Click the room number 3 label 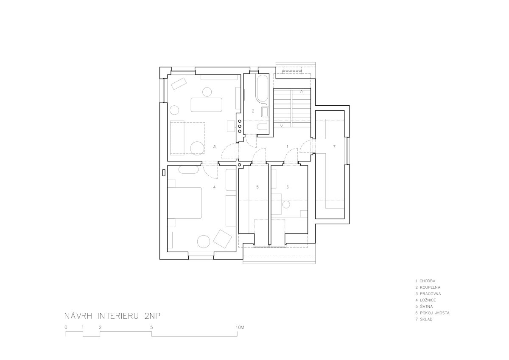click(x=214, y=147)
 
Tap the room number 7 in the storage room click(x=334, y=147)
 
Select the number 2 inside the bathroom click(x=253, y=111)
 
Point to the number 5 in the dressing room click(x=257, y=187)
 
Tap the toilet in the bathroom click(x=263, y=127)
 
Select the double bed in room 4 click(x=185, y=203)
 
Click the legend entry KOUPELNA click(x=430, y=287)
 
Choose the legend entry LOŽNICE click(x=428, y=300)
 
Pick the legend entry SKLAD click(x=426, y=319)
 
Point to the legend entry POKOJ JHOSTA click(x=435, y=313)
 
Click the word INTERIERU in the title click(x=118, y=316)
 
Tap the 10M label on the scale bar click(x=240, y=327)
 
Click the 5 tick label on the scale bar click(x=151, y=327)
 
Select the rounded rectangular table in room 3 click(x=206, y=104)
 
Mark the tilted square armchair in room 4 click(x=222, y=239)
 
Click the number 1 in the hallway click(x=287, y=147)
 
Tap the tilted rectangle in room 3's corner click(x=179, y=84)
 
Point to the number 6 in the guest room click(x=288, y=187)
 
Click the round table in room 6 click(x=286, y=205)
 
